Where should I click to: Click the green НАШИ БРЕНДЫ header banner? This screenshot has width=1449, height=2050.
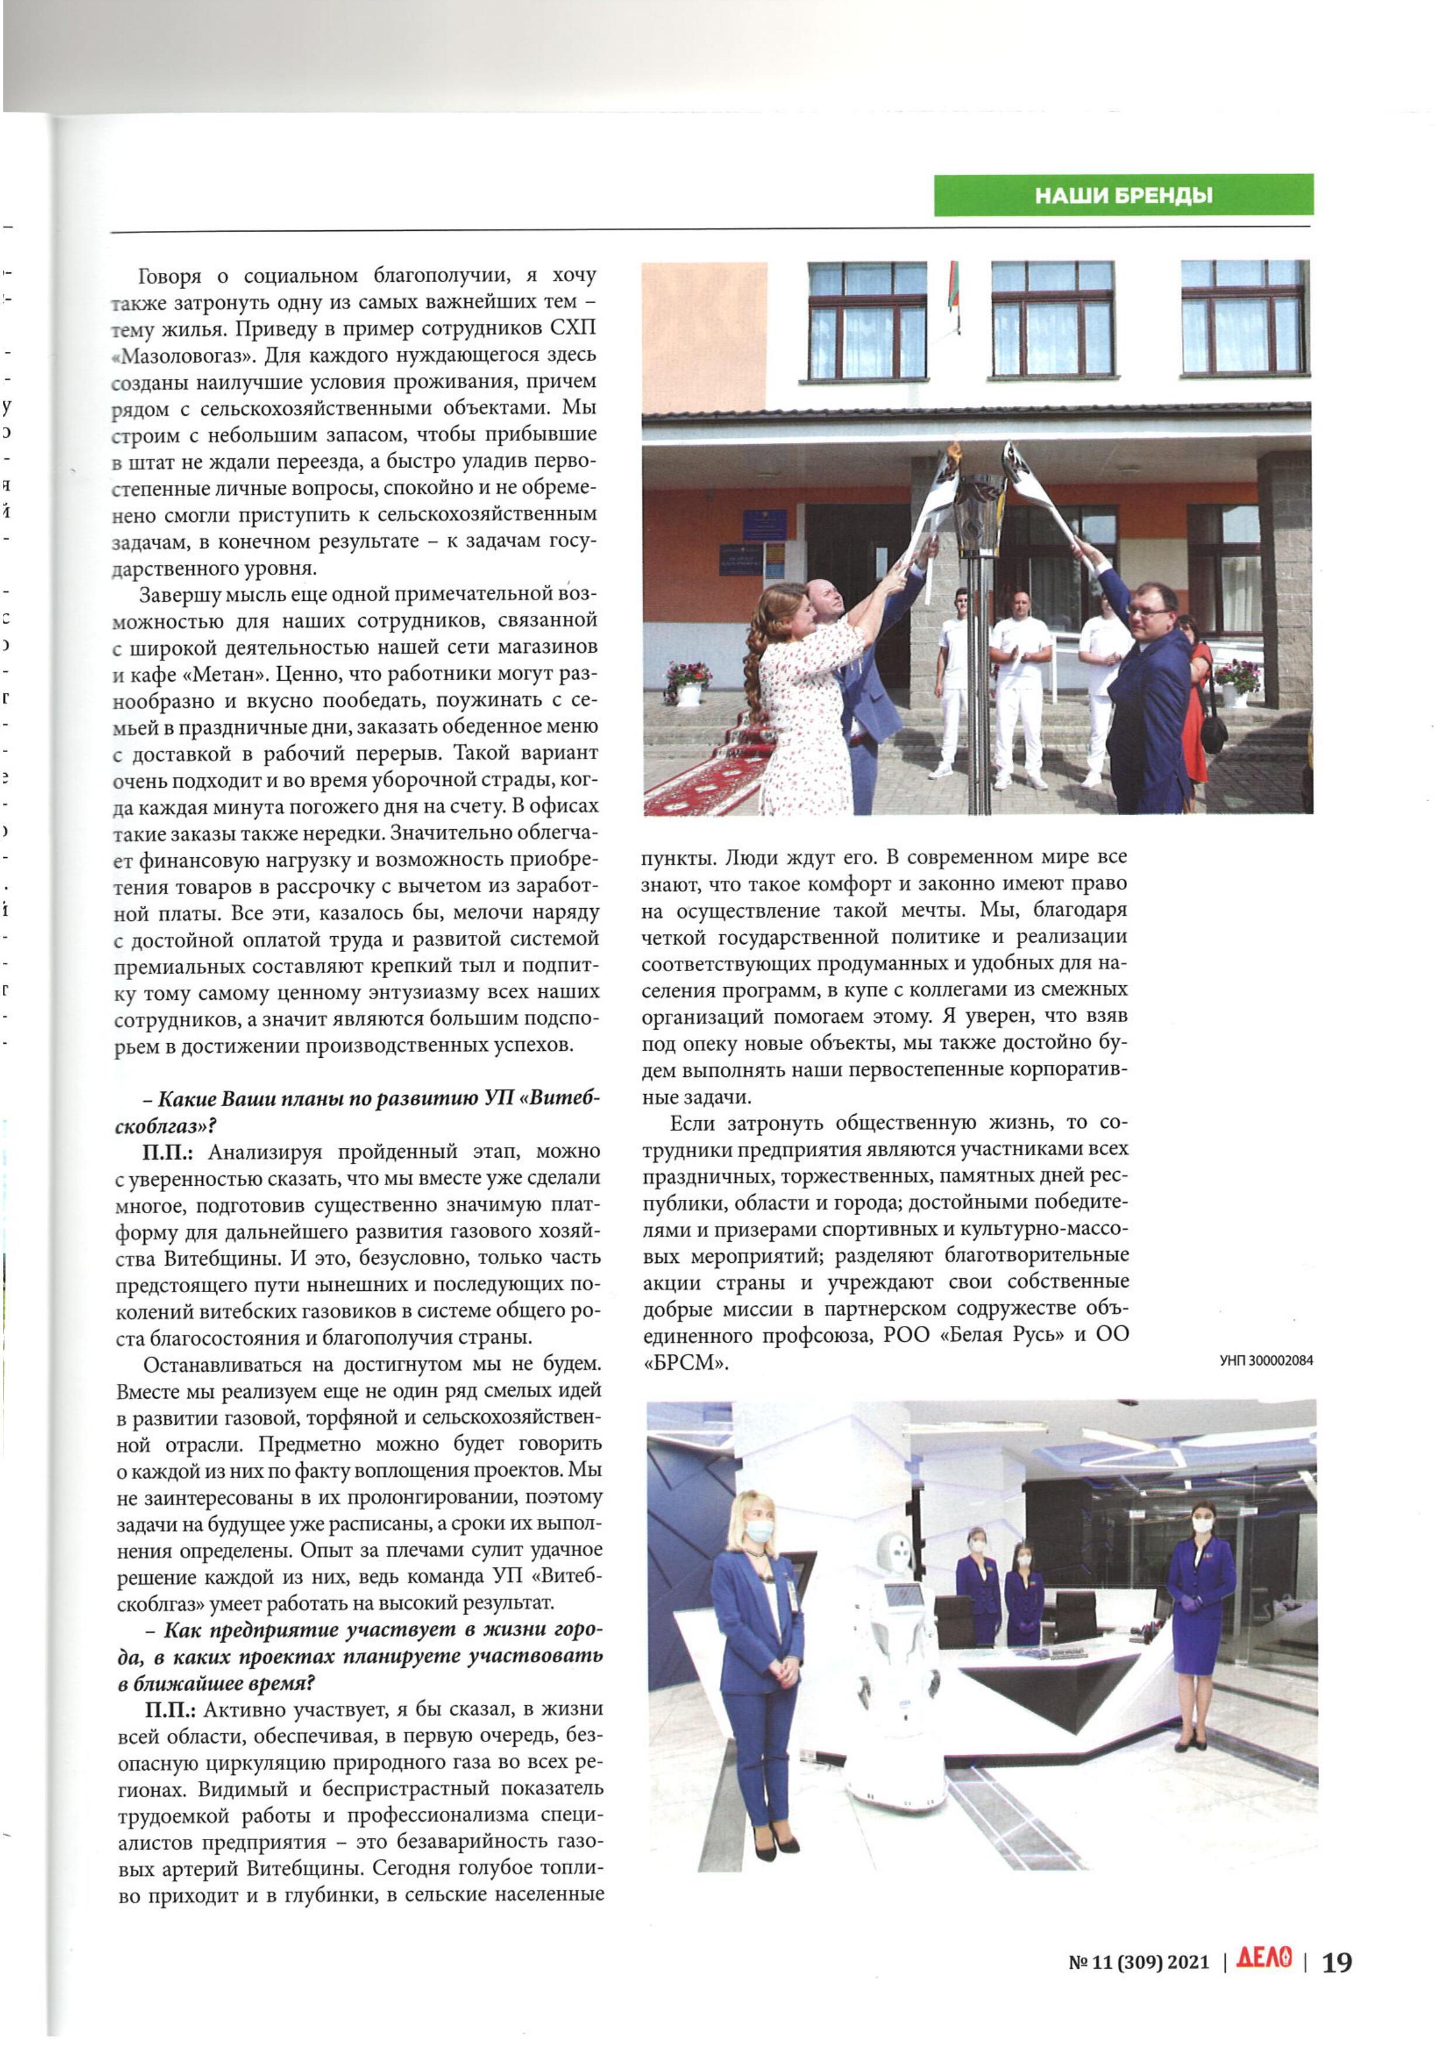pos(1123,195)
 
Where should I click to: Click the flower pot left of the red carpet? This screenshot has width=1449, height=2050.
pos(688,684)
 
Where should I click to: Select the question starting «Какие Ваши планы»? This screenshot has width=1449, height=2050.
pos(357,1111)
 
